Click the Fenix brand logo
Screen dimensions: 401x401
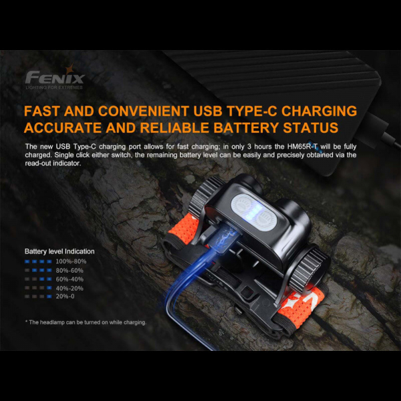pos(55,76)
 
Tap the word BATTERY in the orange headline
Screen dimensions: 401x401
pos(245,128)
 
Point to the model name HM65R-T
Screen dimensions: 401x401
pos(303,146)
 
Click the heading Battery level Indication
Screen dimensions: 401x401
pos(59,251)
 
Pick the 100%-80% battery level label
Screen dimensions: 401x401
pos(71,261)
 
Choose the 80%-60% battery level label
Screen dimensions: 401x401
pos(70,270)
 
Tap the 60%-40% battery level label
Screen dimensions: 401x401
pos(70,279)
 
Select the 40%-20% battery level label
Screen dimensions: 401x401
pos(70,288)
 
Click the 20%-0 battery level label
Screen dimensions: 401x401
pos(65,296)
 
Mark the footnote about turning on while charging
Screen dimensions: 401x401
pos(86,322)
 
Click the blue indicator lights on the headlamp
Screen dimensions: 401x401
pos(252,212)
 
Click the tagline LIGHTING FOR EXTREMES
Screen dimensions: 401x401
pos(54,88)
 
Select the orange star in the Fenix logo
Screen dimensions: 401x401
pos(70,69)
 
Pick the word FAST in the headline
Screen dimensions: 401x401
pos(42,111)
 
